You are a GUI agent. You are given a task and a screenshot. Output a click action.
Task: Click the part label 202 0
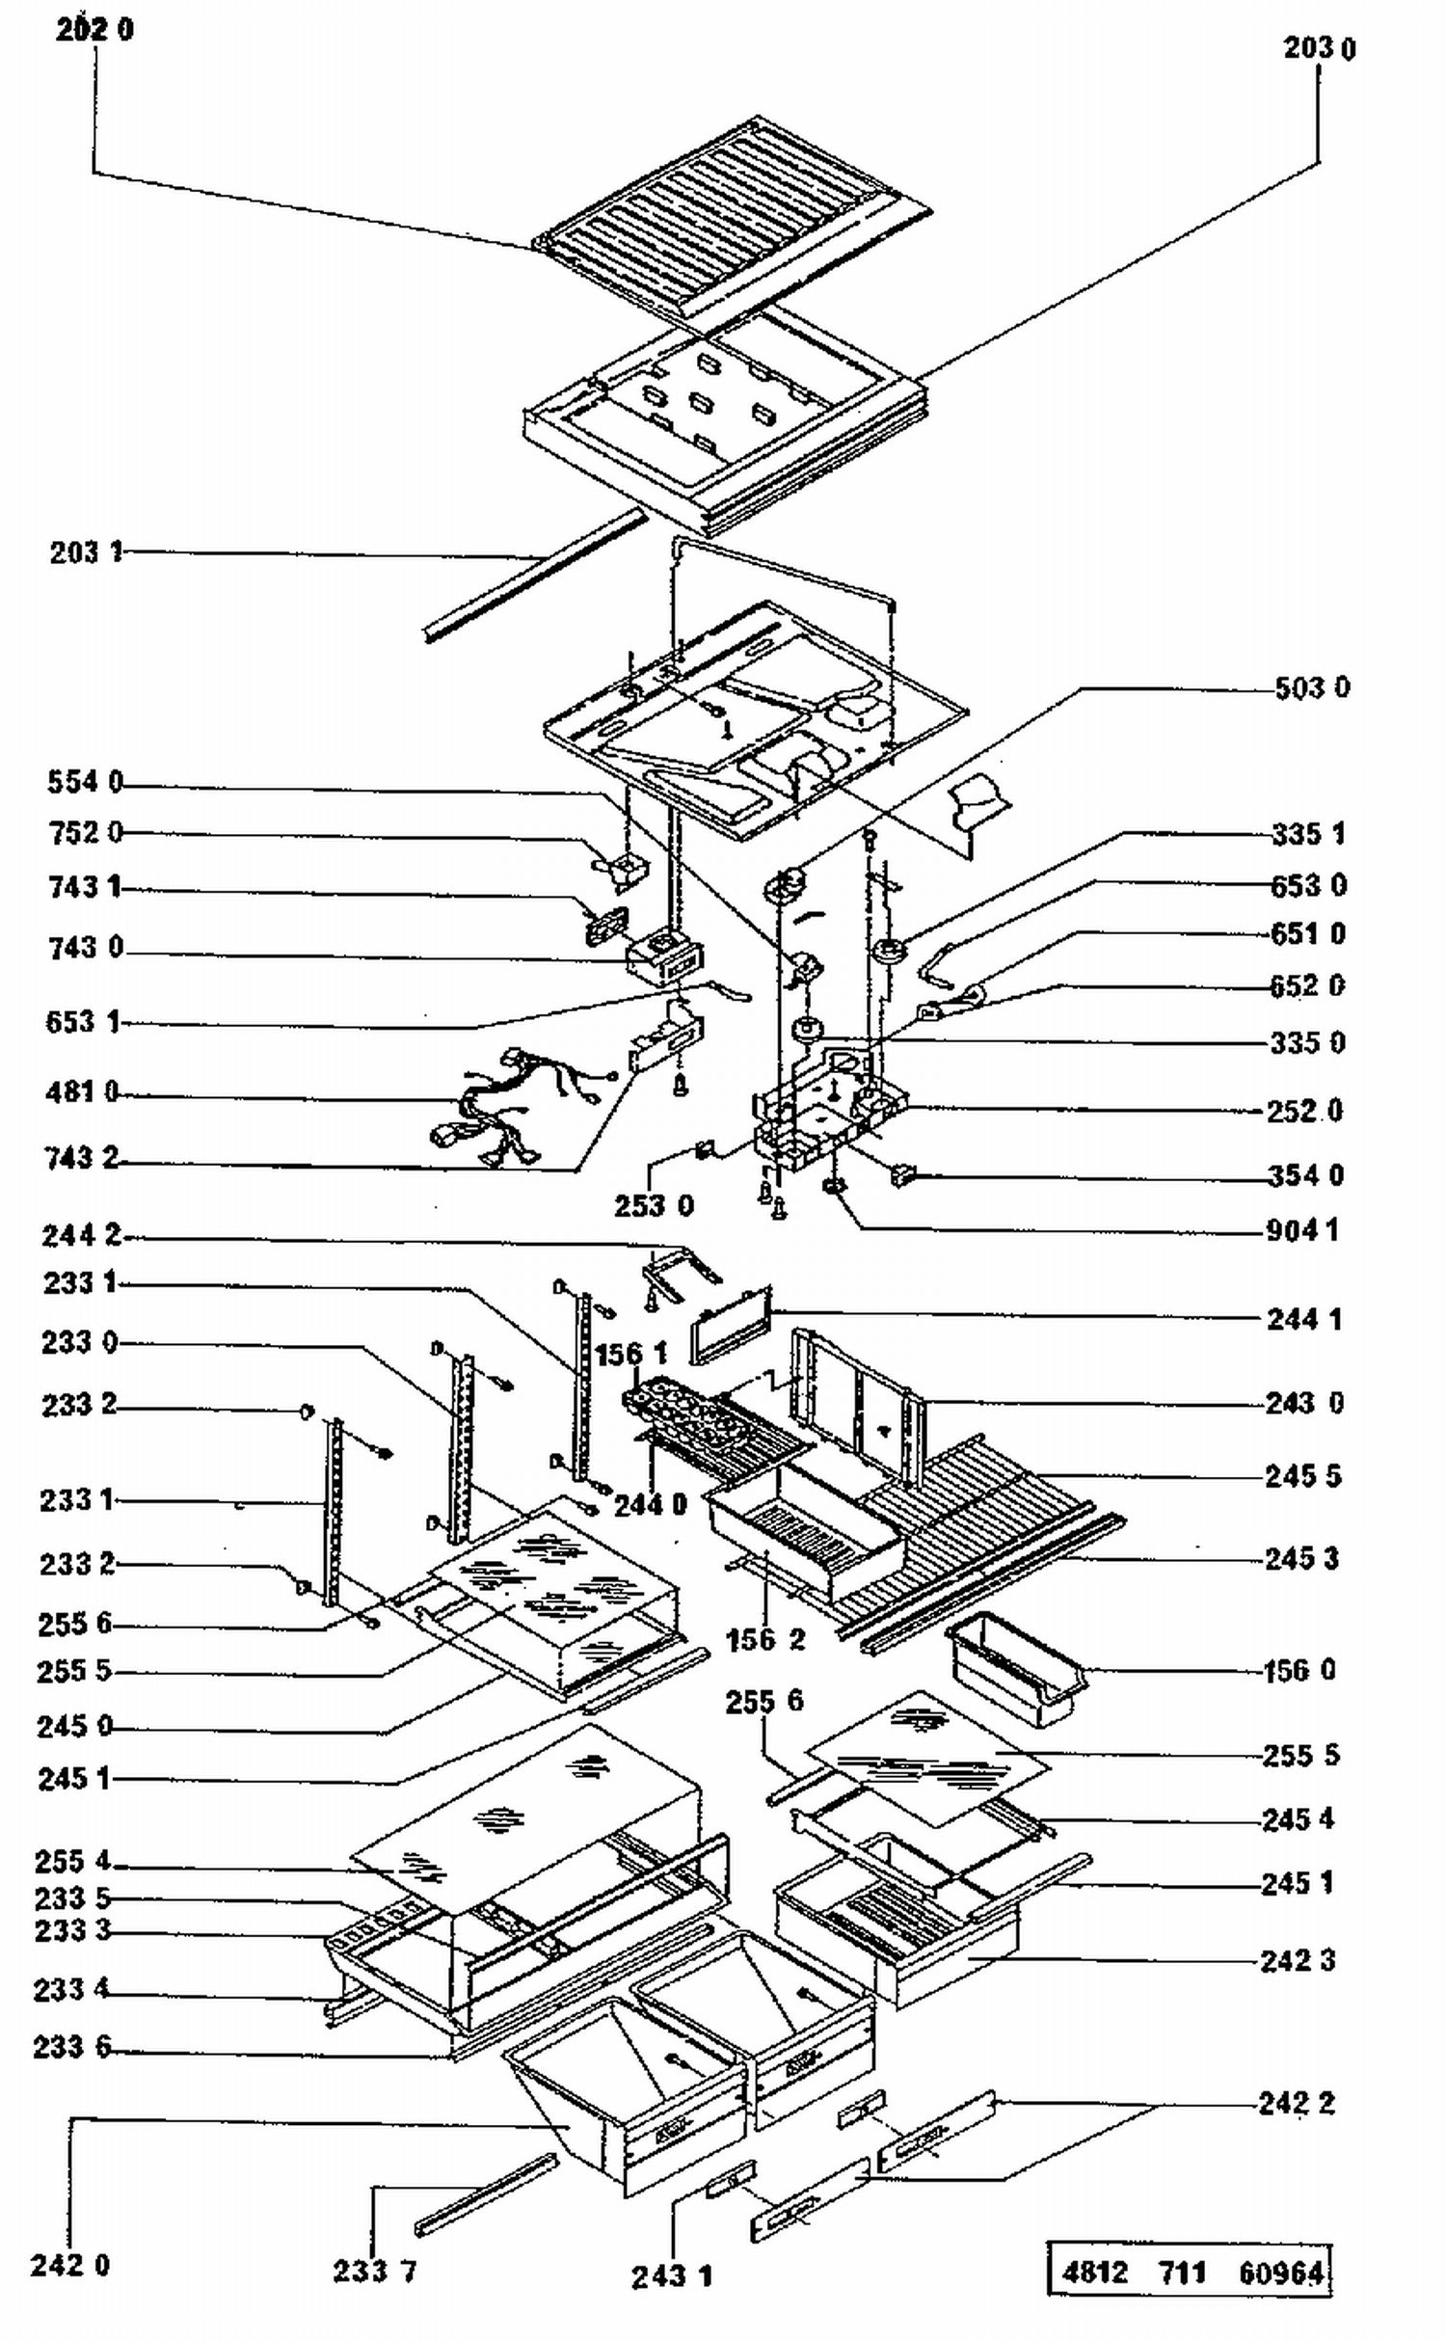94,30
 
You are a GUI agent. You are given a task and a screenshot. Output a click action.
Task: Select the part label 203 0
1318,48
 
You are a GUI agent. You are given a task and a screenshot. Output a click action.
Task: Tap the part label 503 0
1311,687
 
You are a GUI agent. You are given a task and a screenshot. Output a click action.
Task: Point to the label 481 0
82,1092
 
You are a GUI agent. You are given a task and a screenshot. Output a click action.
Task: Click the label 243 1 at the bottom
672,2277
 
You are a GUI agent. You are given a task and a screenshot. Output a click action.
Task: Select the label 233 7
375,2271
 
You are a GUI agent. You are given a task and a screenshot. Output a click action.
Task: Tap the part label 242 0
69,2265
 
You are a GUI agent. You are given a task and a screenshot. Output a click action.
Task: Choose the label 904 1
1301,1230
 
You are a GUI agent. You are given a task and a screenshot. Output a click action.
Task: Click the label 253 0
654,1205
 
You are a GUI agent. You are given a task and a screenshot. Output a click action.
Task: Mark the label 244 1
1303,1319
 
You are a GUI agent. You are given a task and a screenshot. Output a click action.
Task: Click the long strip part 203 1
535,577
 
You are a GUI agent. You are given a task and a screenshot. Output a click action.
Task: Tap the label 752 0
86,832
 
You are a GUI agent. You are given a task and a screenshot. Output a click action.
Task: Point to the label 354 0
1305,1175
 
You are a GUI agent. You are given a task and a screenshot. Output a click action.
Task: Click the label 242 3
1298,1960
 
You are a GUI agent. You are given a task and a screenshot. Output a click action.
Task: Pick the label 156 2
764,1639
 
